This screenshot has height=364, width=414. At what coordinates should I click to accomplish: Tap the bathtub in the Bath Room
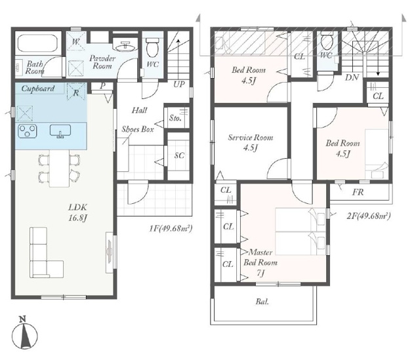[x=38, y=43]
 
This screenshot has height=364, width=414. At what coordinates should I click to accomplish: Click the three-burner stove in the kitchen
[x=27, y=131]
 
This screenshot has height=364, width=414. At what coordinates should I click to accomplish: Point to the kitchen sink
[x=60, y=131]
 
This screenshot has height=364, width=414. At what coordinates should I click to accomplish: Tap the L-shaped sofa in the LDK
[x=46, y=253]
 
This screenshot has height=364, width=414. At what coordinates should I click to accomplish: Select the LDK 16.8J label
[x=77, y=212]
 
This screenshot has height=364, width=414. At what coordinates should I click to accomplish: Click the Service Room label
[x=250, y=137]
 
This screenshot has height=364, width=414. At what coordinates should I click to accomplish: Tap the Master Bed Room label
[x=260, y=257]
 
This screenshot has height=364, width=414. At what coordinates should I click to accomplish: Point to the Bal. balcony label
[x=262, y=302]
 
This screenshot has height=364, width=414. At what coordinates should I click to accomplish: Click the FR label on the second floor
[x=358, y=192]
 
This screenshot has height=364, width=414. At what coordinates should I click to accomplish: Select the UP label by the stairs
[x=179, y=85]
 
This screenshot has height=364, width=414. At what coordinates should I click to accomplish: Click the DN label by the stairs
[x=352, y=77]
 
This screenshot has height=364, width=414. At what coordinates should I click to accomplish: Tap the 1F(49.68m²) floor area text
[x=171, y=228]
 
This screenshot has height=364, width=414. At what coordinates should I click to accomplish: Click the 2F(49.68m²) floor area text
[x=369, y=216]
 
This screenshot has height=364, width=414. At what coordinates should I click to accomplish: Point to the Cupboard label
[x=38, y=89]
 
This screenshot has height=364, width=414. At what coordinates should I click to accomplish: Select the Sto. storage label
[x=175, y=118]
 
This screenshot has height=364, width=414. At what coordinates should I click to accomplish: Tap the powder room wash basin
[x=125, y=47]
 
